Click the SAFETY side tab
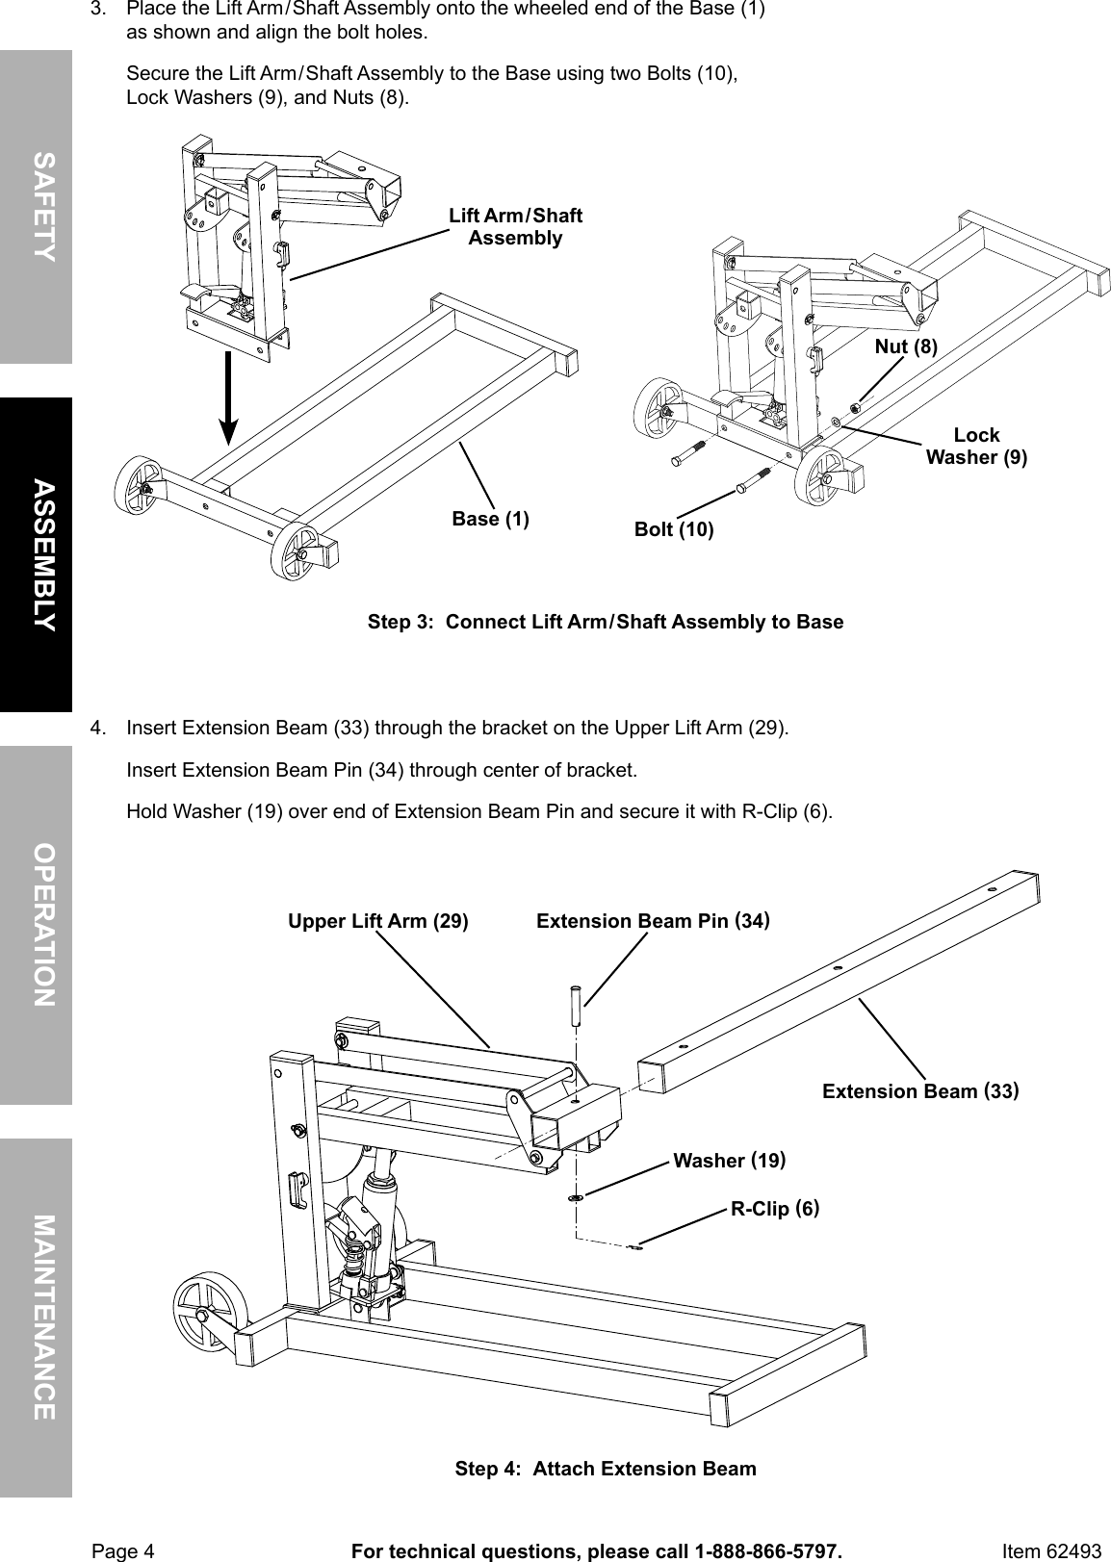[36, 206]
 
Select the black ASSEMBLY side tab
[36, 553]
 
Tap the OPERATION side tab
[36, 924]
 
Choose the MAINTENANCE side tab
[36, 1317]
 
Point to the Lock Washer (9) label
[976, 446]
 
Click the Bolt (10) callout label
[674, 529]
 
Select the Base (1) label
[490, 520]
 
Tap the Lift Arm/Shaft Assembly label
[515, 226]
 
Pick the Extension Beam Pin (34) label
[653, 921]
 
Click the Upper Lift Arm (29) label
[378, 921]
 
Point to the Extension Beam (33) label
[920, 1090]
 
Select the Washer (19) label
[729, 1161]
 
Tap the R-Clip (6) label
[775, 1208]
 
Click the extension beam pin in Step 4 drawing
[576, 1005]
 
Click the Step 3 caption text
[605, 622]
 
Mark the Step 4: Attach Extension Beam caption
[605, 1469]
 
